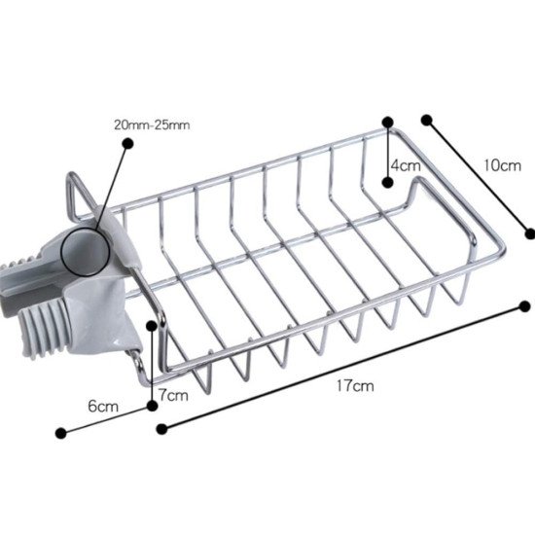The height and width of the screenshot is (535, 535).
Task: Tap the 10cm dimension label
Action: (x=501, y=165)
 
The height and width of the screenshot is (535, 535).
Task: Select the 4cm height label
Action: (x=406, y=165)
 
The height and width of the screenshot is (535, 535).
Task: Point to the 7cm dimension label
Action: (x=173, y=395)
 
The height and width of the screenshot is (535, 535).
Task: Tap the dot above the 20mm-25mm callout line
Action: (x=126, y=143)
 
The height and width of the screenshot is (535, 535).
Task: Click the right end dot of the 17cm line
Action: (x=525, y=306)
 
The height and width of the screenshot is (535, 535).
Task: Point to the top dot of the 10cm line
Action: (x=426, y=120)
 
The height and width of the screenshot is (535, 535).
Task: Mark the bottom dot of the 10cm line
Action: (x=530, y=232)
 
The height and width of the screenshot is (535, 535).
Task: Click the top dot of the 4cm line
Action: (x=387, y=123)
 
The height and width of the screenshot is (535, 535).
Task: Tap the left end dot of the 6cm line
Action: (x=61, y=432)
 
